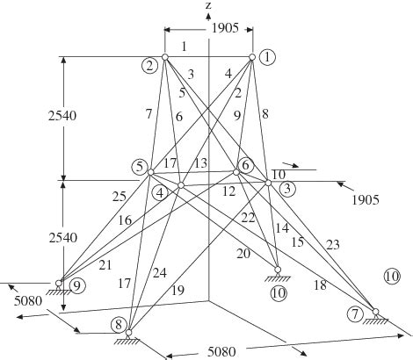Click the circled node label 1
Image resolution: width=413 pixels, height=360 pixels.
(x=267, y=57)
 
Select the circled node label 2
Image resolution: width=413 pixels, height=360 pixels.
(x=149, y=66)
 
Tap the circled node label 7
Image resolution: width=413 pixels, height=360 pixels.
(x=355, y=314)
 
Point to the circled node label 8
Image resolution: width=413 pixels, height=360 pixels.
(x=119, y=325)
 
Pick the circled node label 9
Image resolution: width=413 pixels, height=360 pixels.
(x=77, y=285)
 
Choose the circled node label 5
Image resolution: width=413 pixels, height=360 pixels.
(x=140, y=167)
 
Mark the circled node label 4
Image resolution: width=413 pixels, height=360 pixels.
(x=160, y=193)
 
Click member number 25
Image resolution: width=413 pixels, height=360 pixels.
(x=120, y=197)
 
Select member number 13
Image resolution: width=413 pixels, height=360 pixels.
(x=200, y=163)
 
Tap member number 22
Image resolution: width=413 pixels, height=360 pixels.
(x=248, y=218)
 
